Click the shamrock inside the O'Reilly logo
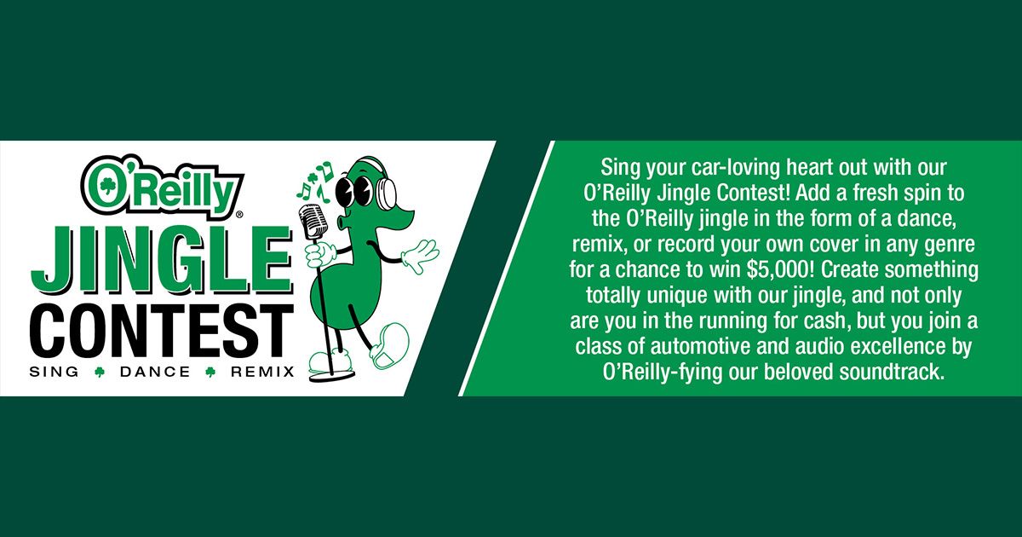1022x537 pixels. point(106,186)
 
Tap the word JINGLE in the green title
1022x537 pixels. point(162,261)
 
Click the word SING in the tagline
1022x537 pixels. point(54,372)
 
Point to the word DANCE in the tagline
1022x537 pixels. point(155,372)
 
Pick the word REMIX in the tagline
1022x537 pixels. point(262,372)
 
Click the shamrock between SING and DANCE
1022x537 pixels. point(100,372)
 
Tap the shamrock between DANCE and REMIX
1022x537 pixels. point(210,372)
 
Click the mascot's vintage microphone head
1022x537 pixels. point(311,222)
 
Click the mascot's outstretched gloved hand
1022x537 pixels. point(420,255)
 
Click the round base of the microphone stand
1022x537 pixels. point(330,377)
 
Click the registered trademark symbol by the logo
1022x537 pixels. point(239,213)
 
